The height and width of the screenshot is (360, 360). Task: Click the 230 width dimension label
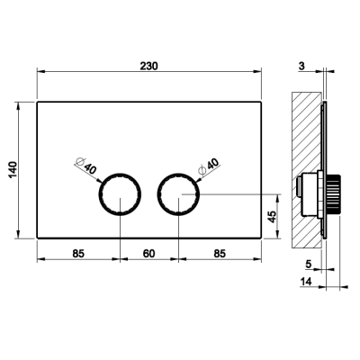pos(148,66)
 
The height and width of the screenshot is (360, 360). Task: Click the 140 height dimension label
pos(13,170)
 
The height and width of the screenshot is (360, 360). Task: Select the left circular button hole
pos(120,193)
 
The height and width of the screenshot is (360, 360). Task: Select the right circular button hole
pos(179,193)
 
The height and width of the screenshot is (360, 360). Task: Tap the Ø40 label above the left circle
pos(86,166)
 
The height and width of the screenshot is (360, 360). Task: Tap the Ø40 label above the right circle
pos(209,166)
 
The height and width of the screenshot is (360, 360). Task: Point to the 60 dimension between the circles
pos(149,254)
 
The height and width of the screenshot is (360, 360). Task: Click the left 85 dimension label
pos(78,254)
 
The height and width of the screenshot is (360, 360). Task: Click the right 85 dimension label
pos(220,254)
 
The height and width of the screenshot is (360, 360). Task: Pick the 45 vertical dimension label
pos(272,217)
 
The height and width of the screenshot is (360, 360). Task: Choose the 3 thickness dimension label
pos(301,66)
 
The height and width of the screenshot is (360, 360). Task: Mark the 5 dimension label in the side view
pos(309,265)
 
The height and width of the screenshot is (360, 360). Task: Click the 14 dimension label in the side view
pos(306,282)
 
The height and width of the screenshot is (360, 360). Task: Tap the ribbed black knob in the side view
pos(333,193)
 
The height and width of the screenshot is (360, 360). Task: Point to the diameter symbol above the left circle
pos(79,162)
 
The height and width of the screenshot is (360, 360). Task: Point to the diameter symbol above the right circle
pos(202,170)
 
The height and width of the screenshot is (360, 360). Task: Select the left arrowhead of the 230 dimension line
pos(40,71)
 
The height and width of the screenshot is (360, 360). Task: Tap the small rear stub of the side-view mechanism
pos(299,186)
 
